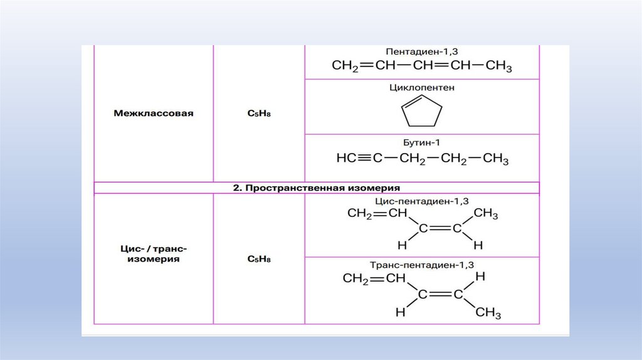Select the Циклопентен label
[x=421, y=88]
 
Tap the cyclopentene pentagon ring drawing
[x=421, y=113]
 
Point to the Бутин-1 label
[x=421, y=144]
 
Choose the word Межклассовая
[x=154, y=114]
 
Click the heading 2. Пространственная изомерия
[x=317, y=188]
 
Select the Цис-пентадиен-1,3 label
[x=421, y=201]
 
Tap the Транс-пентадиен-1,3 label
[x=421, y=265]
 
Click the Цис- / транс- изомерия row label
[x=154, y=253]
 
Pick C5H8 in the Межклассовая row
[x=259, y=114]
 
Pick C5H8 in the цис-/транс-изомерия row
[x=259, y=258]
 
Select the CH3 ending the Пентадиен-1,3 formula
[x=499, y=66]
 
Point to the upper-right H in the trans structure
[x=480, y=277]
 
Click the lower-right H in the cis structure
[x=478, y=244]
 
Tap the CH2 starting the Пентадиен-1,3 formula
[x=345, y=66]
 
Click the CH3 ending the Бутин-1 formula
[x=496, y=159]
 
